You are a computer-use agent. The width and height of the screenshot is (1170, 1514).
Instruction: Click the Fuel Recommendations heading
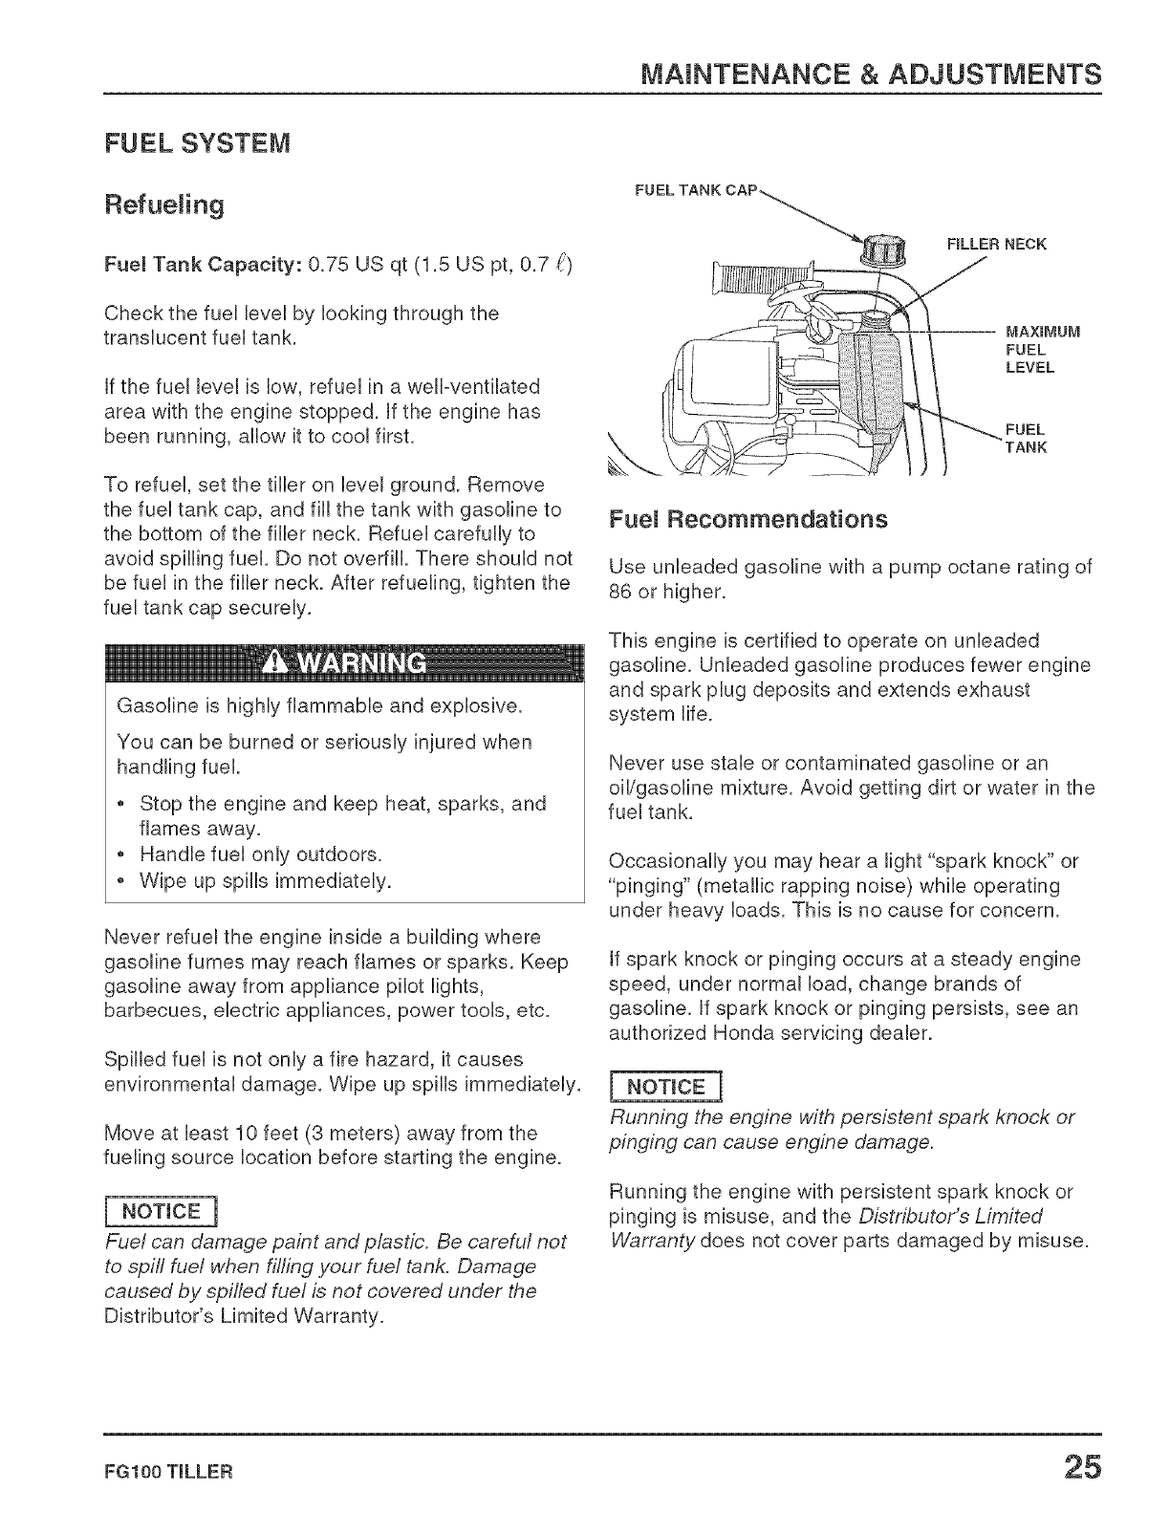747,519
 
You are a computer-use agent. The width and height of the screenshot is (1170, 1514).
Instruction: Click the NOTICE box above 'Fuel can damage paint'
166,1212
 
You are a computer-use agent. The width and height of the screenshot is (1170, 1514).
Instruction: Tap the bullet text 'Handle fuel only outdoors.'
261,854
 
